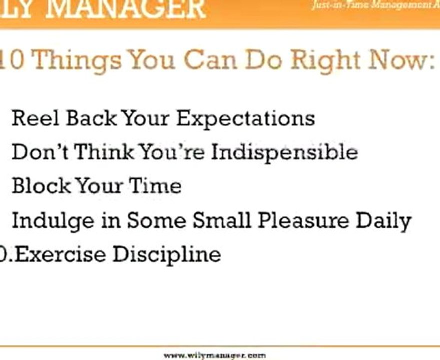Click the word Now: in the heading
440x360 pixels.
[x=403, y=60]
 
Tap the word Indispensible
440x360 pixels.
[x=284, y=153]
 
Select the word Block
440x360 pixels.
[x=41, y=186]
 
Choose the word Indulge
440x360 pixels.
[x=52, y=221]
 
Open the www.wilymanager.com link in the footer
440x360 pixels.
[x=215, y=355]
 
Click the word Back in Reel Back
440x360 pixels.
[x=91, y=119]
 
